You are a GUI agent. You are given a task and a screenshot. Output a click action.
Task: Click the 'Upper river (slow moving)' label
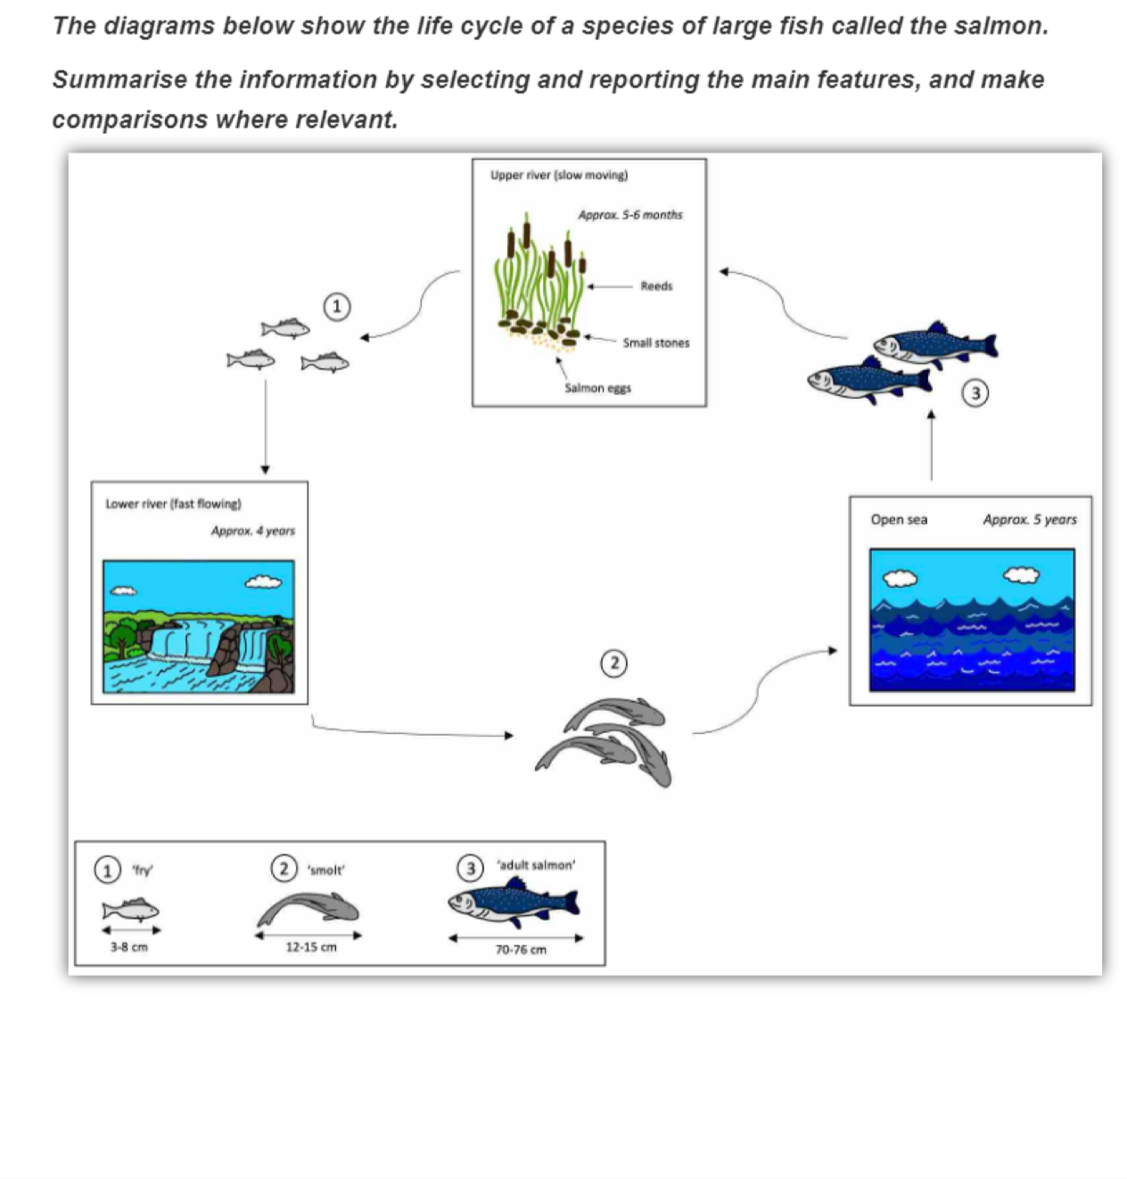tap(558, 176)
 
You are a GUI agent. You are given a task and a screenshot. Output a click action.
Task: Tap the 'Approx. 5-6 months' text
tap(629, 215)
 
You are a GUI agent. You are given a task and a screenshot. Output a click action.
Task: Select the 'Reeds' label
tap(656, 286)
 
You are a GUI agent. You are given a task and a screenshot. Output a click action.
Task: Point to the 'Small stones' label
tap(655, 342)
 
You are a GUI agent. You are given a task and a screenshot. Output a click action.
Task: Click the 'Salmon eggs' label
tap(597, 388)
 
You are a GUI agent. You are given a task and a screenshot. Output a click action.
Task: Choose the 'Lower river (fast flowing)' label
tap(173, 504)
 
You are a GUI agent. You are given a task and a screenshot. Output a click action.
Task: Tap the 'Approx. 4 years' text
tap(252, 531)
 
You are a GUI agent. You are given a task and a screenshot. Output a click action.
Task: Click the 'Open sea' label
tap(899, 519)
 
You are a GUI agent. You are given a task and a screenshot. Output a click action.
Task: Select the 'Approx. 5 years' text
tap(1030, 519)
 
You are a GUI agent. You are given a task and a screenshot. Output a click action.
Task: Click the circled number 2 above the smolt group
tap(614, 664)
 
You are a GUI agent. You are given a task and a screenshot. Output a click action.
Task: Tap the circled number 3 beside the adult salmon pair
tap(975, 392)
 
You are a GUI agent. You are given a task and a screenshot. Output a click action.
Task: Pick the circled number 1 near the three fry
tap(336, 307)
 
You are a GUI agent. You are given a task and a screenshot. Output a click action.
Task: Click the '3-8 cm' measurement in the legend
tap(129, 947)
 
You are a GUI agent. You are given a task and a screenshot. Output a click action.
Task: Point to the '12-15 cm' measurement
tap(311, 947)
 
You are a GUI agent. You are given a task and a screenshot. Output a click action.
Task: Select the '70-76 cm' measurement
tap(521, 950)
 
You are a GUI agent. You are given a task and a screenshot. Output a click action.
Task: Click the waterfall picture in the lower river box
tap(199, 627)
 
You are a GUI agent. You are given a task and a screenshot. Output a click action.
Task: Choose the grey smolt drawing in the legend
tap(308, 911)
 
